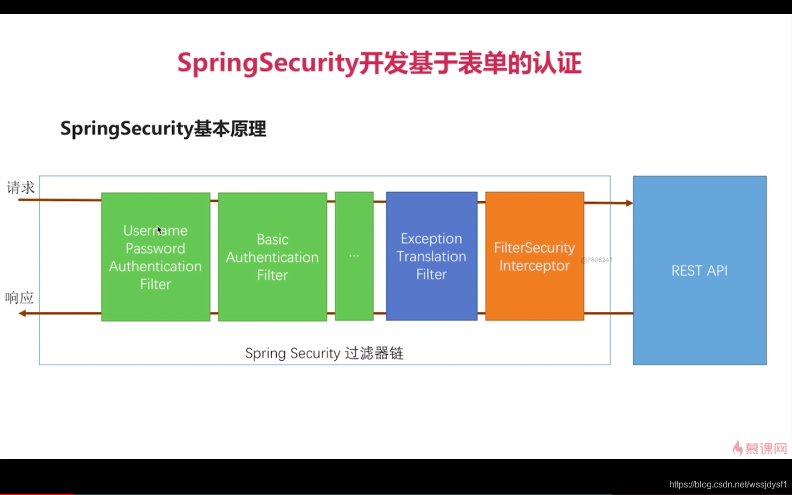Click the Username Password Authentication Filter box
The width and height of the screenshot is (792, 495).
point(156,257)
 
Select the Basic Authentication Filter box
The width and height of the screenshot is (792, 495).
point(272,257)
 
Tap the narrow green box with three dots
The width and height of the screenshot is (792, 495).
point(354,256)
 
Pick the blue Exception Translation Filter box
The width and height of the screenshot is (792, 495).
point(432,256)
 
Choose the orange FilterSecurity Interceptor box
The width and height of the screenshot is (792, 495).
point(535,256)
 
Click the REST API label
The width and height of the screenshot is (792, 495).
point(699,271)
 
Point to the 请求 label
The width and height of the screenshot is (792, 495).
point(21,188)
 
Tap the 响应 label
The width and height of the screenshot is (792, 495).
point(20,298)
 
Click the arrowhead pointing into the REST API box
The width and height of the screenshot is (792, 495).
point(629,203)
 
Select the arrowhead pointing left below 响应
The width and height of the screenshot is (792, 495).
point(23,313)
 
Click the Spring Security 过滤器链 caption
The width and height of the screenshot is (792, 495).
point(324,353)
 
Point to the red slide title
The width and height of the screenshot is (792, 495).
point(379,63)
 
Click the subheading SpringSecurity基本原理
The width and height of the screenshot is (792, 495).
point(163,129)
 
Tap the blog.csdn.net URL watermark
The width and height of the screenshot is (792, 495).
point(728,485)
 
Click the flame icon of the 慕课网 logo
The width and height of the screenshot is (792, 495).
point(738,448)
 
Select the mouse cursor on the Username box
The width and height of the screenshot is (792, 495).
point(159,230)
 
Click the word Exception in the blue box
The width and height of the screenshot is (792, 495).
point(431,239)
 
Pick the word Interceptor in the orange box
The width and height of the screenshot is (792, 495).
point(534,266)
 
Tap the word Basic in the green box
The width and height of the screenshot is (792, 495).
point(272,239)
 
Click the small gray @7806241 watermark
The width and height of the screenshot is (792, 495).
point(596,260)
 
